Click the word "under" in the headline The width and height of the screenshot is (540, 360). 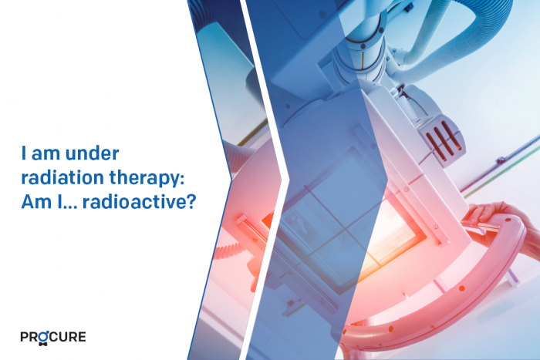click(x=92, y=153)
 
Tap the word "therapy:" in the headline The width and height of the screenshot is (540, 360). click(x=147, y=179)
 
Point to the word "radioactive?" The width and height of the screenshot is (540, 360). click(x=139, y=202)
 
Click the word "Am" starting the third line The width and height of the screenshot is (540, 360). click(x=34, y=202)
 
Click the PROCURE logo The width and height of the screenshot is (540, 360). click(x=53, y=338)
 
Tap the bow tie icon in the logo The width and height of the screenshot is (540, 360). click(x=43, y=344)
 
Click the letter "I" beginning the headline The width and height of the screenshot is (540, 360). click(x=24, y=153)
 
